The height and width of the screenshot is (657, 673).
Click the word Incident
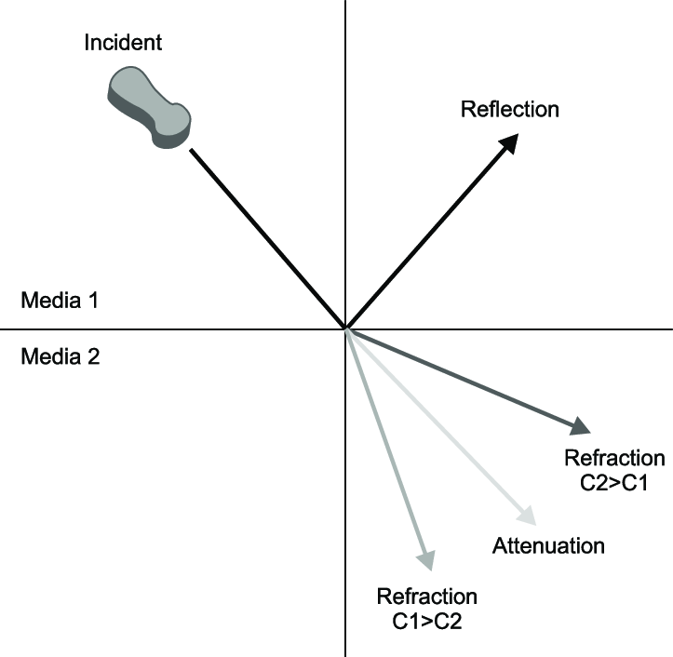point(123,42)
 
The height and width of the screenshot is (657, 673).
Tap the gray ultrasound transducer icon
point(149,107)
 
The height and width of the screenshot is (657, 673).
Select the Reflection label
point(510,109)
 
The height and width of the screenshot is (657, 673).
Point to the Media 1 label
point(59,302)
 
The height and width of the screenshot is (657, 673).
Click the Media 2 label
point(59,355)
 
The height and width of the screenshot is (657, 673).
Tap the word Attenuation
point(548,545)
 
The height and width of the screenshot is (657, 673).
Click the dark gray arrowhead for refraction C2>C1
point(579,427)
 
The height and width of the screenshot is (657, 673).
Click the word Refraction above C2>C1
point(614,459)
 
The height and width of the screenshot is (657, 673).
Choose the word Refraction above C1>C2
point(426,597)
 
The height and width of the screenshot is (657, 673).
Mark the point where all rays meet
point(346,328)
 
